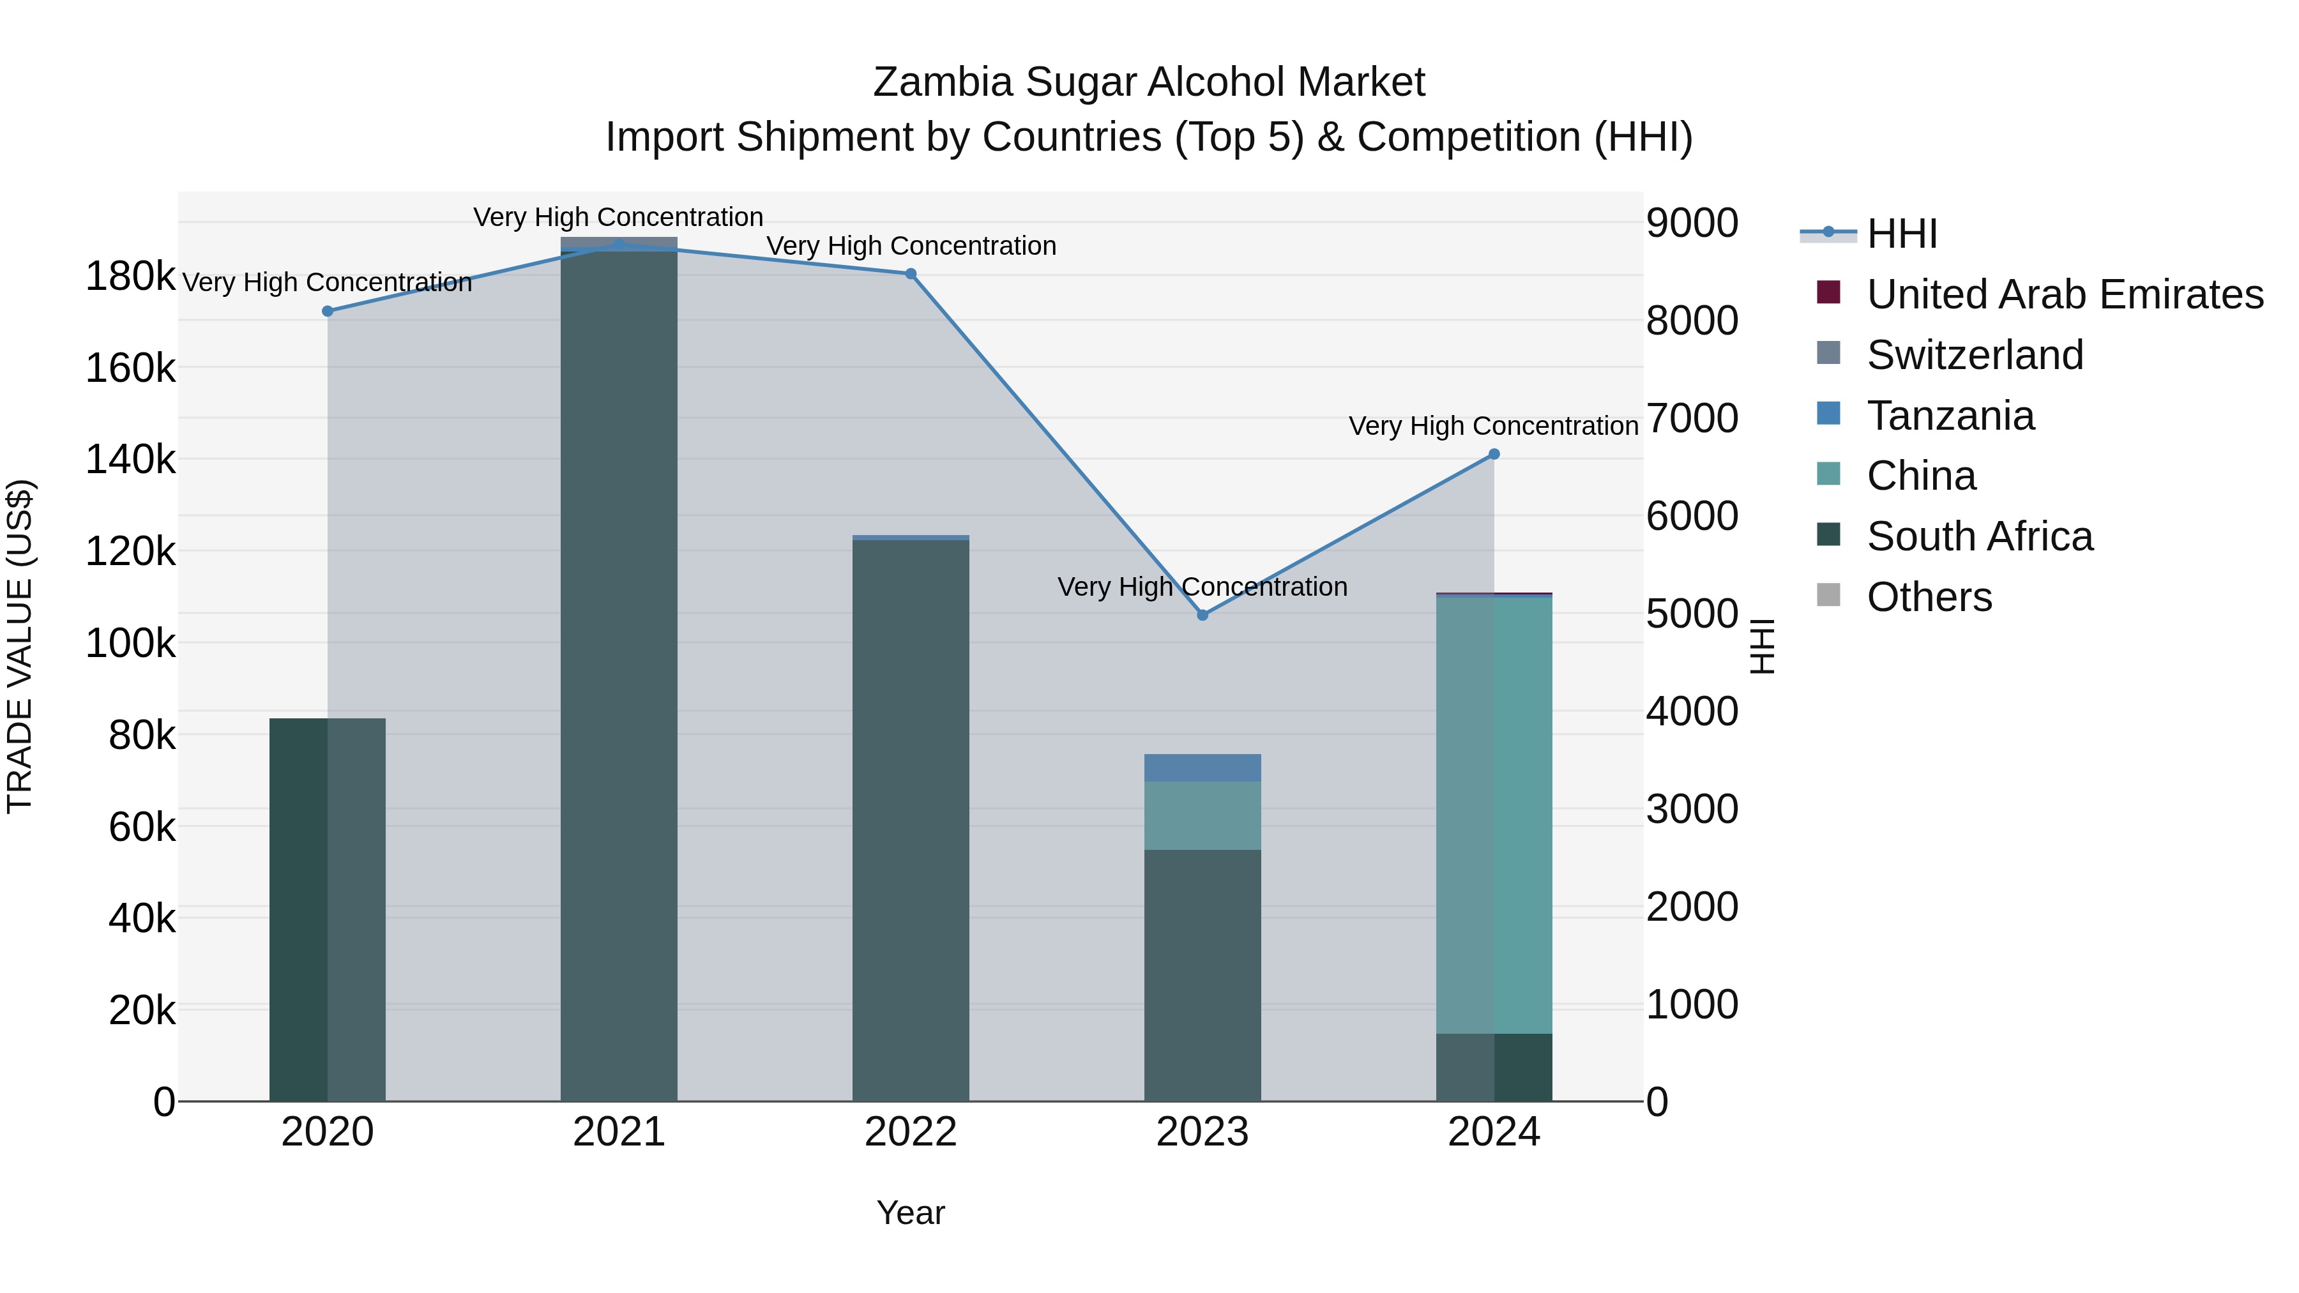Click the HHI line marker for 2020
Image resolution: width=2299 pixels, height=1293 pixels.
click(x=328, y=312)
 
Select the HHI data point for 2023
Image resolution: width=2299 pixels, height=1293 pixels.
click(x=1202, y=615)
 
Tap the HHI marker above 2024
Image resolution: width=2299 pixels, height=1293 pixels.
click(x=1494, y=454)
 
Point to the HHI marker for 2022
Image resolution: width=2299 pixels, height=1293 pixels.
click(x=910, y=274)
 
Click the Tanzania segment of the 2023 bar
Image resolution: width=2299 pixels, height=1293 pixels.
click(x=1202, y=767)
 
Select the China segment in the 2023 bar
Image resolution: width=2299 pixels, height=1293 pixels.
click(x=1202, y=815)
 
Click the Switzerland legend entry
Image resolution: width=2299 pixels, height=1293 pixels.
click(x=1974, y=355)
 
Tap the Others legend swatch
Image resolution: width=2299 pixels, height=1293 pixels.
click(x=1829, y=595)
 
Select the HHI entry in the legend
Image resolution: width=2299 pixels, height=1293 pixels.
click(x=1901, y=234)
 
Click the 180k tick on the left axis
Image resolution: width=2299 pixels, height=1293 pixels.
click(x=130, y=276)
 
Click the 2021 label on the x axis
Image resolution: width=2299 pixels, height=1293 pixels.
click(x=618, y=1132)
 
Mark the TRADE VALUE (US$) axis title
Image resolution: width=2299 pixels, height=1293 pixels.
click(x=20, y=646)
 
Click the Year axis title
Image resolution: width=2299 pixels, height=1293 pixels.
click(x=910, y=1213)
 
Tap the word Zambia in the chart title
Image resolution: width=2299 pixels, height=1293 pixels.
click(x=943, y=82)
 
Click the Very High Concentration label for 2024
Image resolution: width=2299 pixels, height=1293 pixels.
click(x=1493, y=426)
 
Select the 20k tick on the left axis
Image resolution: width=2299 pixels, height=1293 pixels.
click(x=142, y=1010)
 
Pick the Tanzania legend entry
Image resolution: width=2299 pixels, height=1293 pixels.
click(x=1950, y=416)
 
